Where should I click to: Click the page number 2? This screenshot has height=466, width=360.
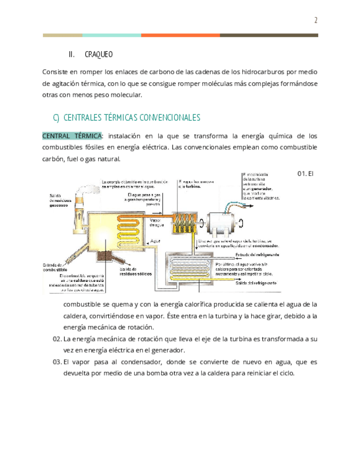click(x=316, y=21)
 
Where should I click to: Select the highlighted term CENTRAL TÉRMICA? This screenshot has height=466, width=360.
click(x=72, y=136)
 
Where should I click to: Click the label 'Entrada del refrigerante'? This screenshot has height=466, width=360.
click(x=258, y=255)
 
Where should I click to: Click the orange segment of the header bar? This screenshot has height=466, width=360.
click(x=180, y=35)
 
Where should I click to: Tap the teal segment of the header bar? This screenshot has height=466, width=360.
click(x=112, y=35)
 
